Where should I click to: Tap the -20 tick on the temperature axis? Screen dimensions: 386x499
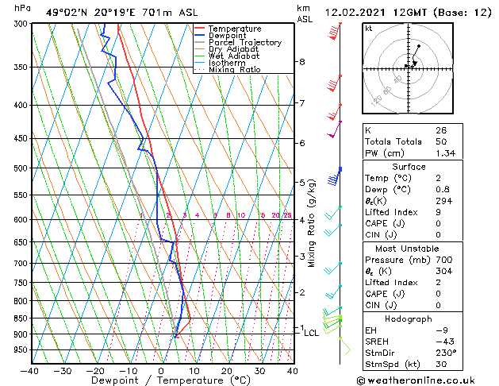pos(95,370)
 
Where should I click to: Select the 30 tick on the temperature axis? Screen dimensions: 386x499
pos(259,370)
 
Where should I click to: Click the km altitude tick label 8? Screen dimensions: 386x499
pos(302,62)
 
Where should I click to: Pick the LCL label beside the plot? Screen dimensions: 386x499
pos(312,333)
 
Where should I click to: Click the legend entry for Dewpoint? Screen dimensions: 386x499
pos(227,36)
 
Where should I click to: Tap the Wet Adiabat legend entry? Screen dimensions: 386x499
pos(235,56)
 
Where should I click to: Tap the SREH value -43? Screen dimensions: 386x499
pos(443,342)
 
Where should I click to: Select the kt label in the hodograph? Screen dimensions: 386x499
pos(368,28)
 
